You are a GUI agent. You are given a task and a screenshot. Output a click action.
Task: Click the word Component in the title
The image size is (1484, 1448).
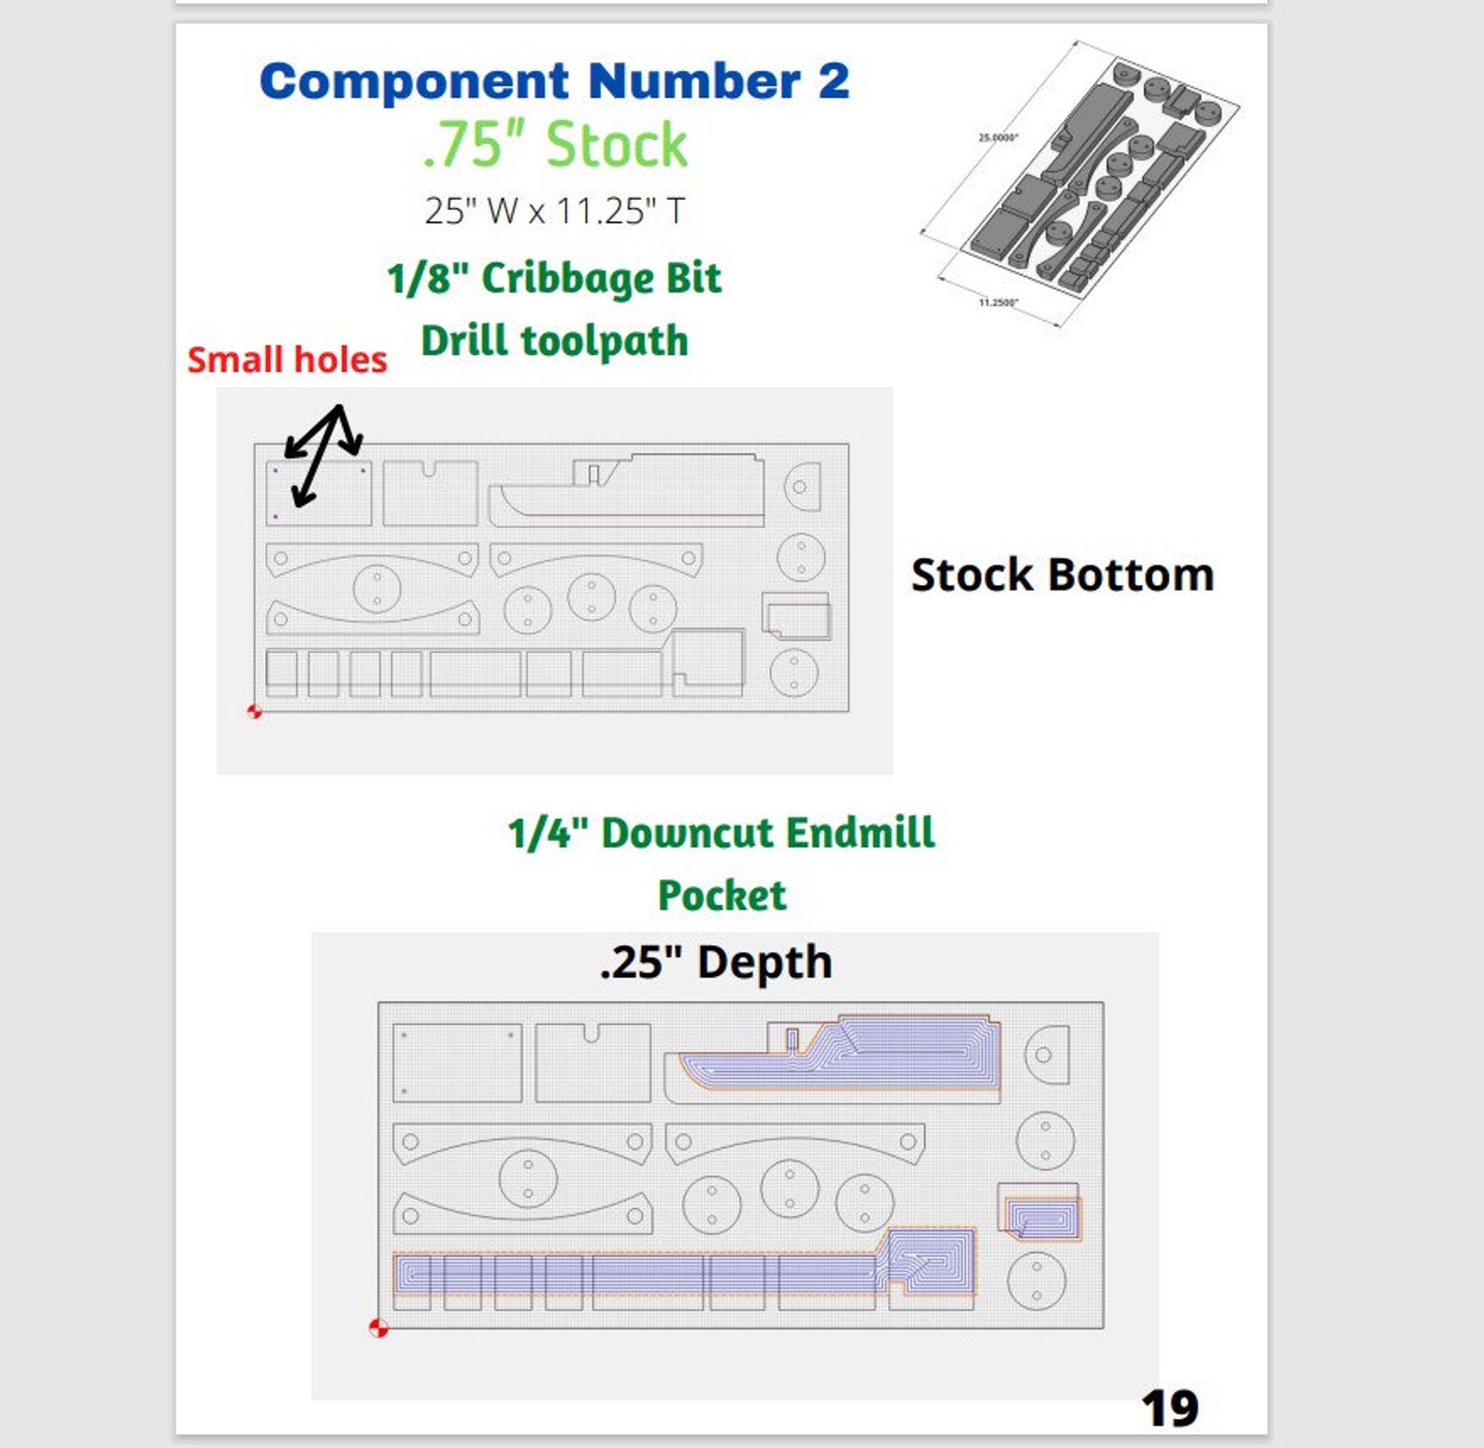coord(414,82)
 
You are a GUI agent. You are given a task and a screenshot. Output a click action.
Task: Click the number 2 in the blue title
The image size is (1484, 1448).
coord(834,81)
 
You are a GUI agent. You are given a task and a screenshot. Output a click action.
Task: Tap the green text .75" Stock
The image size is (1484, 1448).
coord(555,145)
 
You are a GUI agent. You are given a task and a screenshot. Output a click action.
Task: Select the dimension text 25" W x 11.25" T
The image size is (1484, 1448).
coord(555,211)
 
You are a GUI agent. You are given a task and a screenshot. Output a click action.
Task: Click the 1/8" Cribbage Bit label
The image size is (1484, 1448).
coord(555,278)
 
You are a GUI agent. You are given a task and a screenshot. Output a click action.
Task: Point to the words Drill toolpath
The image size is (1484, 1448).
coord(555,340)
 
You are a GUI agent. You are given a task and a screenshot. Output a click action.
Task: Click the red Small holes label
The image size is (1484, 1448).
coord(287,360)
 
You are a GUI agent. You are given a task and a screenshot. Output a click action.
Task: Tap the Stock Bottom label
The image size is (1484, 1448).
coord(1063,575)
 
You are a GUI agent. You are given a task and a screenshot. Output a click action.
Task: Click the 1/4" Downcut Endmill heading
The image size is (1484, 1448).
coord(721,832)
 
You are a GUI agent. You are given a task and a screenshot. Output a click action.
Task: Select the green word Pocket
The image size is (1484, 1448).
coord(721,895)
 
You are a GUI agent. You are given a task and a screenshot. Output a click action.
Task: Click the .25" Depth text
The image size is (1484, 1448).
coord(716,962)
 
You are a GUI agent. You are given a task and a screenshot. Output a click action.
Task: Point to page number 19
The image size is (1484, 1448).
coord(1169,1408)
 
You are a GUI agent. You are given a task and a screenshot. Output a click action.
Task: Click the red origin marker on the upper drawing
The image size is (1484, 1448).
coord(254,712)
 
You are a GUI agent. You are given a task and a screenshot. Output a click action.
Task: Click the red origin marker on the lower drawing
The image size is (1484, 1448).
coord(378,1327)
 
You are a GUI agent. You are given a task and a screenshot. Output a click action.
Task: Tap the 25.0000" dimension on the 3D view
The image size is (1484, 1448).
coord(998,137)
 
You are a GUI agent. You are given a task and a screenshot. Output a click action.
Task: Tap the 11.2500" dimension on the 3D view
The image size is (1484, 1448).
coord(998,303)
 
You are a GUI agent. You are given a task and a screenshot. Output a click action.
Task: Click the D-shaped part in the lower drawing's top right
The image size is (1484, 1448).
coord(1047,1055)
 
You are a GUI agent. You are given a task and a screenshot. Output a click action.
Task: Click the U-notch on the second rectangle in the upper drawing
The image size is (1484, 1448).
coord(429,469)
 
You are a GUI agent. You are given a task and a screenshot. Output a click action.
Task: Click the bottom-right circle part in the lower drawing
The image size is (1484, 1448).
coord(1036,1280)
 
